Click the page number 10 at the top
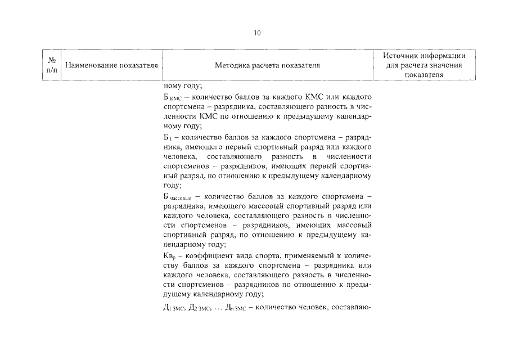pos(257,33)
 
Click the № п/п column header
pos(51,65)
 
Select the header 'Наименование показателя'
pos(110,65)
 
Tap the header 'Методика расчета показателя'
pos(267,65)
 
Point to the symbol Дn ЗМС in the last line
pos(235,307)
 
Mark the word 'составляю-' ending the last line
pos(352,307)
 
